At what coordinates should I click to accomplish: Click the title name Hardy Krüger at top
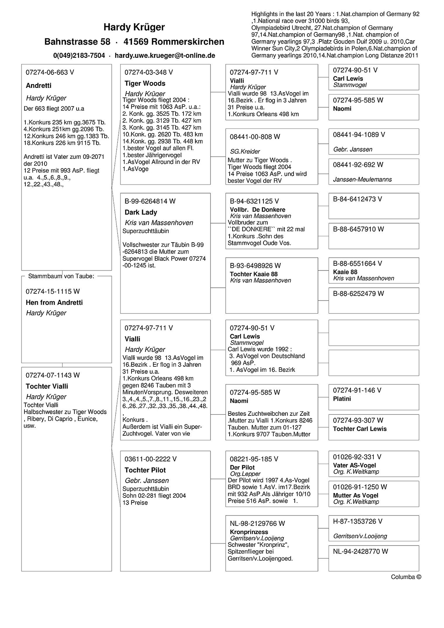click(134, 27)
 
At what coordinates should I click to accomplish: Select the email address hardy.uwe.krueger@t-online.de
click(165, 55)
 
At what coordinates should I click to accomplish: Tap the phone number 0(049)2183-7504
click(79, 55)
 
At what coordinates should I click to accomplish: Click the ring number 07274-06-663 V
click(50, 72)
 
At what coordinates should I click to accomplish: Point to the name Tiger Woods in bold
click(145, 83)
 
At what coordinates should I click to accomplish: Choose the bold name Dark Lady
click(141, 212)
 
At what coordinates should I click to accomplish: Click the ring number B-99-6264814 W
click(150, 201)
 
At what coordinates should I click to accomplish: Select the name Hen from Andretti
click(54, 303)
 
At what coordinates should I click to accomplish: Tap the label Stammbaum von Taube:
click(61, 276)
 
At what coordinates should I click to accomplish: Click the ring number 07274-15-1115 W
click(53, 291)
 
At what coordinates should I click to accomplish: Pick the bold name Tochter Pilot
click(145, 470)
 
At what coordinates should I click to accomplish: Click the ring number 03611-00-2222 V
click(151, 459)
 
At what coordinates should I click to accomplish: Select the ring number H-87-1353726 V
click(357, 522)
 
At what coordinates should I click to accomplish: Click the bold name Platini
click(342, 399)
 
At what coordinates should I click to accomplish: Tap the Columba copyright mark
click(406, 577)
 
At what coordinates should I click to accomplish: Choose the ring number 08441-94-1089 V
click(359, 134)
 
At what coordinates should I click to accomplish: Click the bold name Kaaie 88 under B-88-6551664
click(345, 272)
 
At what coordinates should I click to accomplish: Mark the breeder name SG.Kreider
click(245, 151)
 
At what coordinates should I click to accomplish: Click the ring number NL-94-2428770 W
click(360, 552)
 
